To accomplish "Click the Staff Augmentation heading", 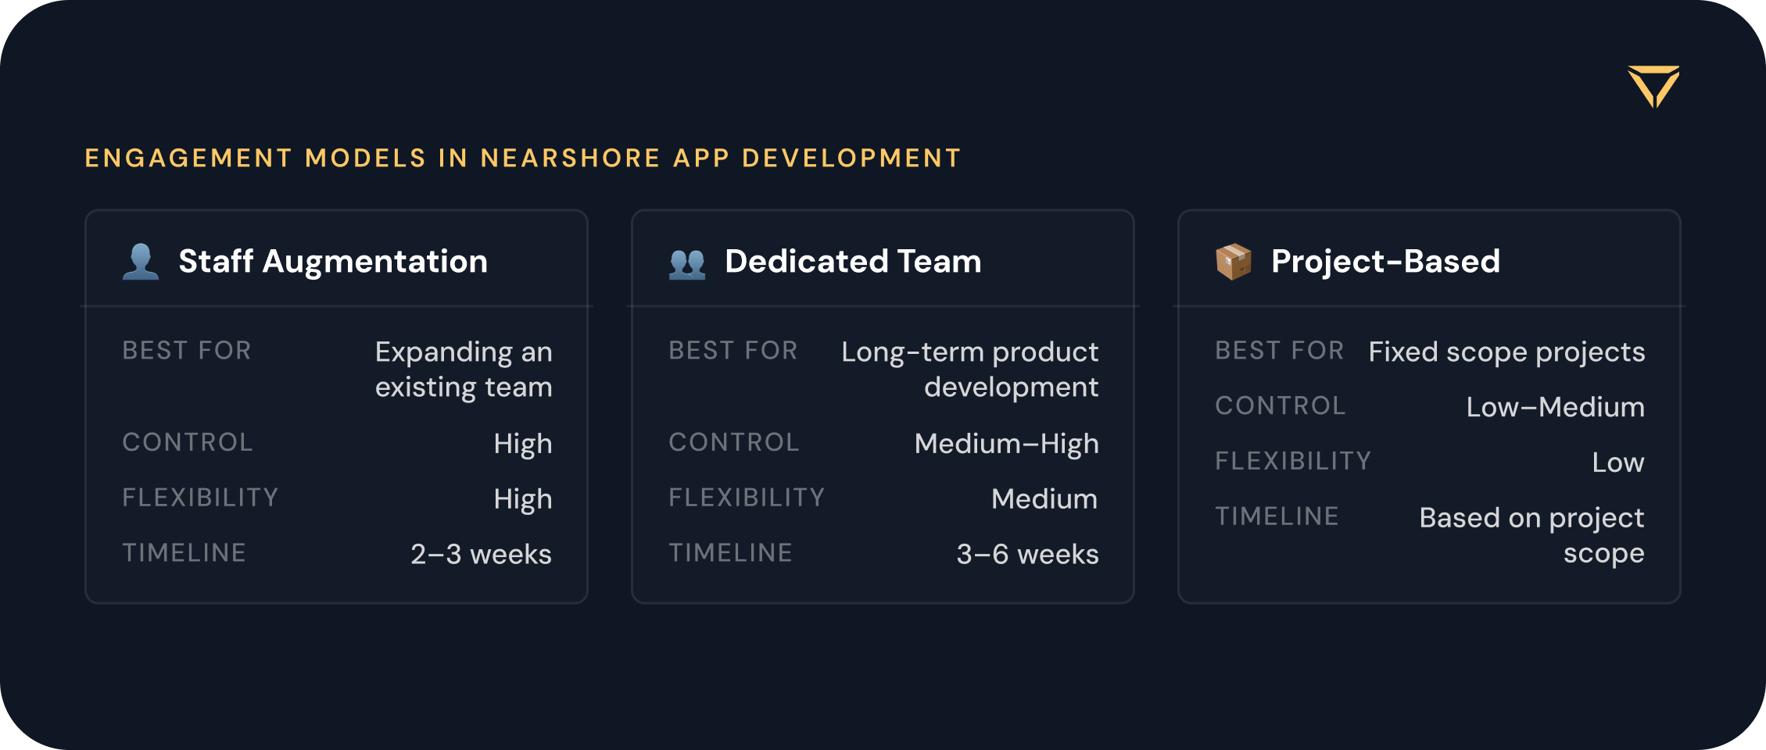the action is (333, 261).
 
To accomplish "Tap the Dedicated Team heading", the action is (853, 261).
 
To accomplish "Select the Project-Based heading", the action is (1385, 261).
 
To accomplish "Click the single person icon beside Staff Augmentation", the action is (141, 262).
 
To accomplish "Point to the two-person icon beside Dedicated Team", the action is (687, 263).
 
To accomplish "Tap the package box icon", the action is (1234, 262).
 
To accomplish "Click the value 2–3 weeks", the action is (482, 554).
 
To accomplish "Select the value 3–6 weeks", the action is (1027, 554).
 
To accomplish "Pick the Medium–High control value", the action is (1007, 444).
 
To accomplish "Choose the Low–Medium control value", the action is (1556, 407).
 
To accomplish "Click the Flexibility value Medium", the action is (1044, 498).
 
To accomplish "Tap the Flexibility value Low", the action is (1618, 462).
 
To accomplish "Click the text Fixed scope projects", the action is (1506, 352).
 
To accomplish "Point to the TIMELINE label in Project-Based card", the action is (1277, 516).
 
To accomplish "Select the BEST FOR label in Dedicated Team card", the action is (733, 351).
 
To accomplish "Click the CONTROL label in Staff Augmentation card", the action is (188, 442).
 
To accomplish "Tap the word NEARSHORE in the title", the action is (571, 158).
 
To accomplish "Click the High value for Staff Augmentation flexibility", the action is (523, 499).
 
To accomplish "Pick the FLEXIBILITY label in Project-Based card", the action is (1293, 461).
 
